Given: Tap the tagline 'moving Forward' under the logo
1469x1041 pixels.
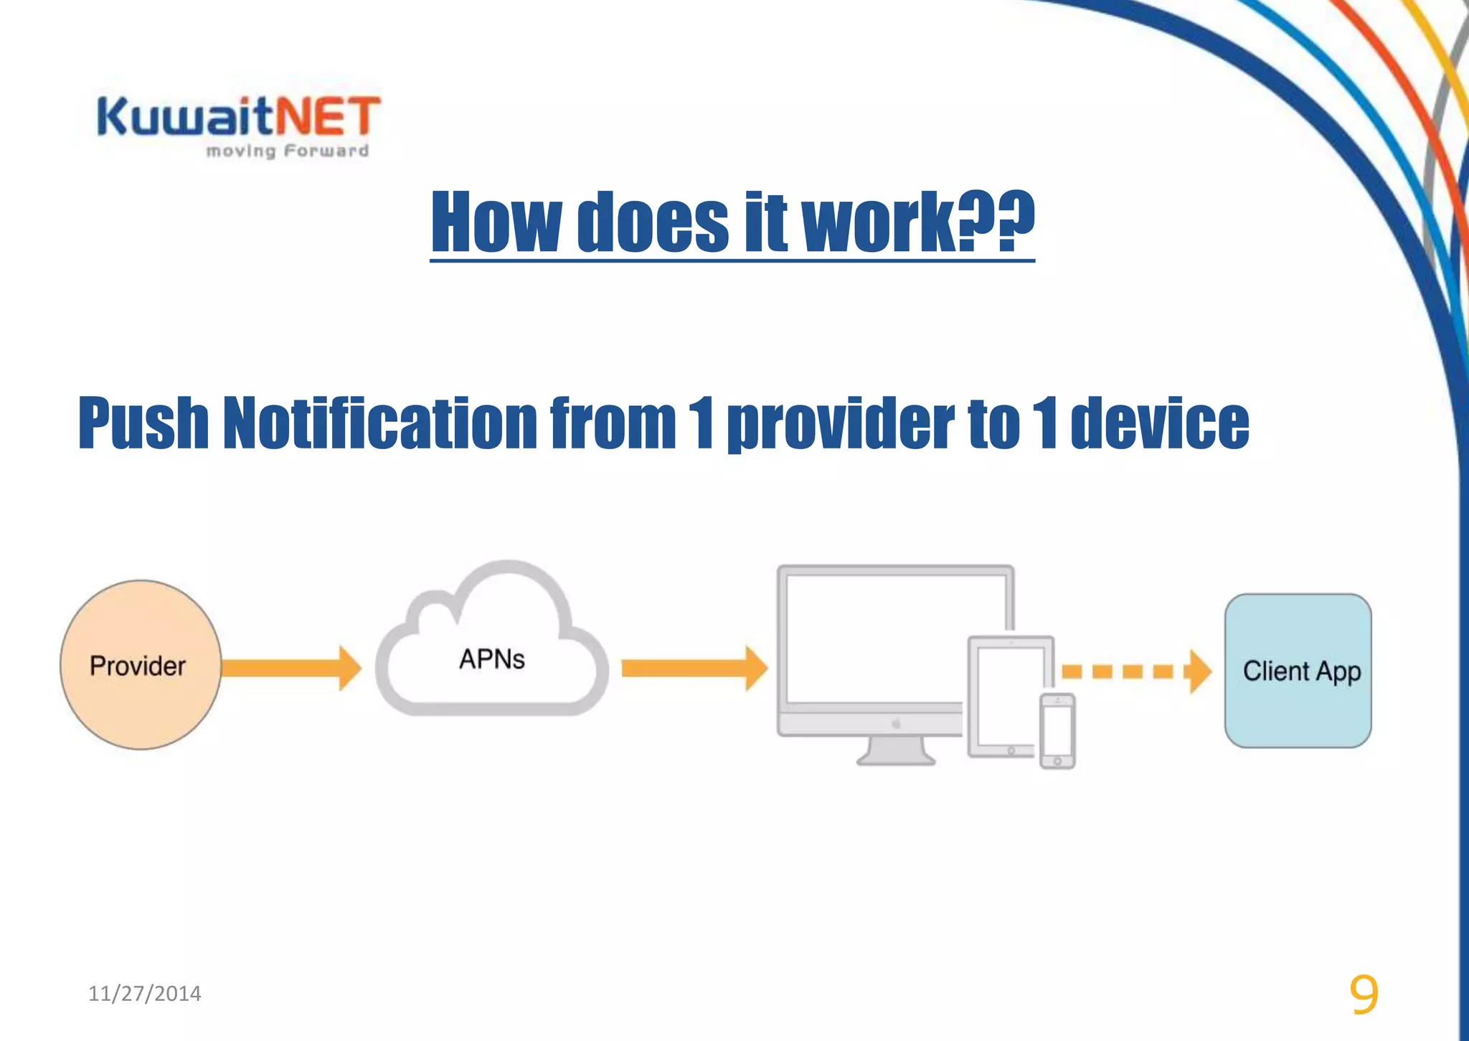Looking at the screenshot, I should coord(287,151).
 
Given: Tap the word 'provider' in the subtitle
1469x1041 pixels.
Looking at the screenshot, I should coord(840,425).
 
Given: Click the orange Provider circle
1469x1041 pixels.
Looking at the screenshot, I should coord(140,665).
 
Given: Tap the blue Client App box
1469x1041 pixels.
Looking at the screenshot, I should coord(1298,671).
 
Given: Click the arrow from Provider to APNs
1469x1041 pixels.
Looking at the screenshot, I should coord(291,668).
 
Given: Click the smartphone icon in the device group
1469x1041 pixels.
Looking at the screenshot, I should coord(1057,730).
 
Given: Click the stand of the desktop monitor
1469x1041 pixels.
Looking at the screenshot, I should coord(895,751).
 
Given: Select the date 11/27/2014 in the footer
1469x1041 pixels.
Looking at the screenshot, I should coord(144,994).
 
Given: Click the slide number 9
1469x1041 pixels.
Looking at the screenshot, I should coord(1363,994).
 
